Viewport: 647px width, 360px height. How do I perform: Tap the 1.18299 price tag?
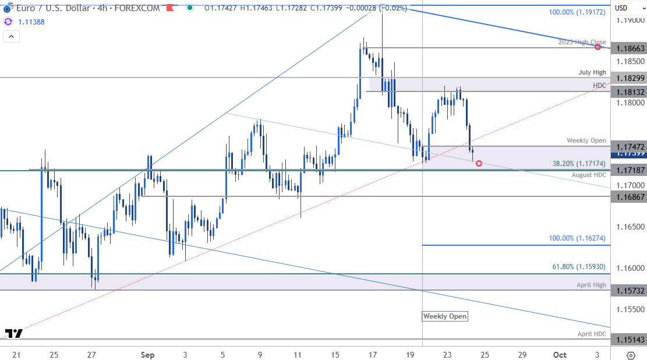[628, 77]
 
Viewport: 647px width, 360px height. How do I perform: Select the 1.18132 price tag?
[628, 91]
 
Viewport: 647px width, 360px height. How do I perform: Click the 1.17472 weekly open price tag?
[628, 146]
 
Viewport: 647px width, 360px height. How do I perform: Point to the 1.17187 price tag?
[628, 170]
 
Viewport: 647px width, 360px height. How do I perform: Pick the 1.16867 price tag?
[628, 197]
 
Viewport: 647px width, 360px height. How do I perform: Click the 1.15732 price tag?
[628, 290]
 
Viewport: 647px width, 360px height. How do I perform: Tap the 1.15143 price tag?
[628, 339]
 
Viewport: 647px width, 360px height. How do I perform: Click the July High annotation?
[592, 72]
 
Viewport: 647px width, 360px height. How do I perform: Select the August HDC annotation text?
[589, 175]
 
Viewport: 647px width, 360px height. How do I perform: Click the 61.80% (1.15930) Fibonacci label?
[579, 267]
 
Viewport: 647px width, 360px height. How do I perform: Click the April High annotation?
[591, 285]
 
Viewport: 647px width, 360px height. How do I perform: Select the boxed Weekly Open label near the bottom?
[445, 316]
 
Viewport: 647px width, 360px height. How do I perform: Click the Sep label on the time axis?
[147, 355]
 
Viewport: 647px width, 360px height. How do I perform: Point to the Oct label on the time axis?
[560, 355]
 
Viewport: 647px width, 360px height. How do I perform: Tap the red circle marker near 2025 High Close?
[598, 47]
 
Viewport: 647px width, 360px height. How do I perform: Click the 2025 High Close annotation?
[582, 42]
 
